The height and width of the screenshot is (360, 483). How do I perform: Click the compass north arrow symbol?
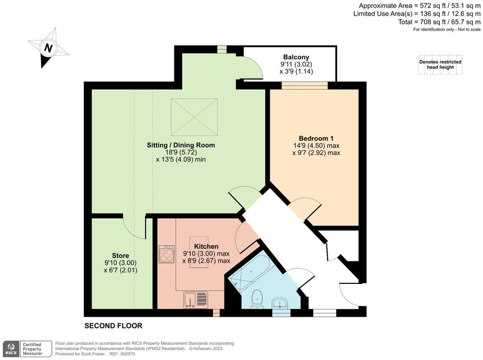48,48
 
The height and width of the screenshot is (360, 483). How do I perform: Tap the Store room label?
120,256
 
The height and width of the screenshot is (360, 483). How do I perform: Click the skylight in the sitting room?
194,117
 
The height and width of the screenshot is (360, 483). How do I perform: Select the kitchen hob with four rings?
166,254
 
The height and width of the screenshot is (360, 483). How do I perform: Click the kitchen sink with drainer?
195,300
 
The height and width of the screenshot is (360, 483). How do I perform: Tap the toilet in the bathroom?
258,298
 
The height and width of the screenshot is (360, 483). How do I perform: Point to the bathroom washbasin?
280,304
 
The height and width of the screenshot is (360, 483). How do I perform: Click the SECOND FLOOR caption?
114,326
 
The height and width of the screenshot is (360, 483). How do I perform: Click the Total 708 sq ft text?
439,22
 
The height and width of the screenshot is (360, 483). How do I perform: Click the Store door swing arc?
134,228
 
